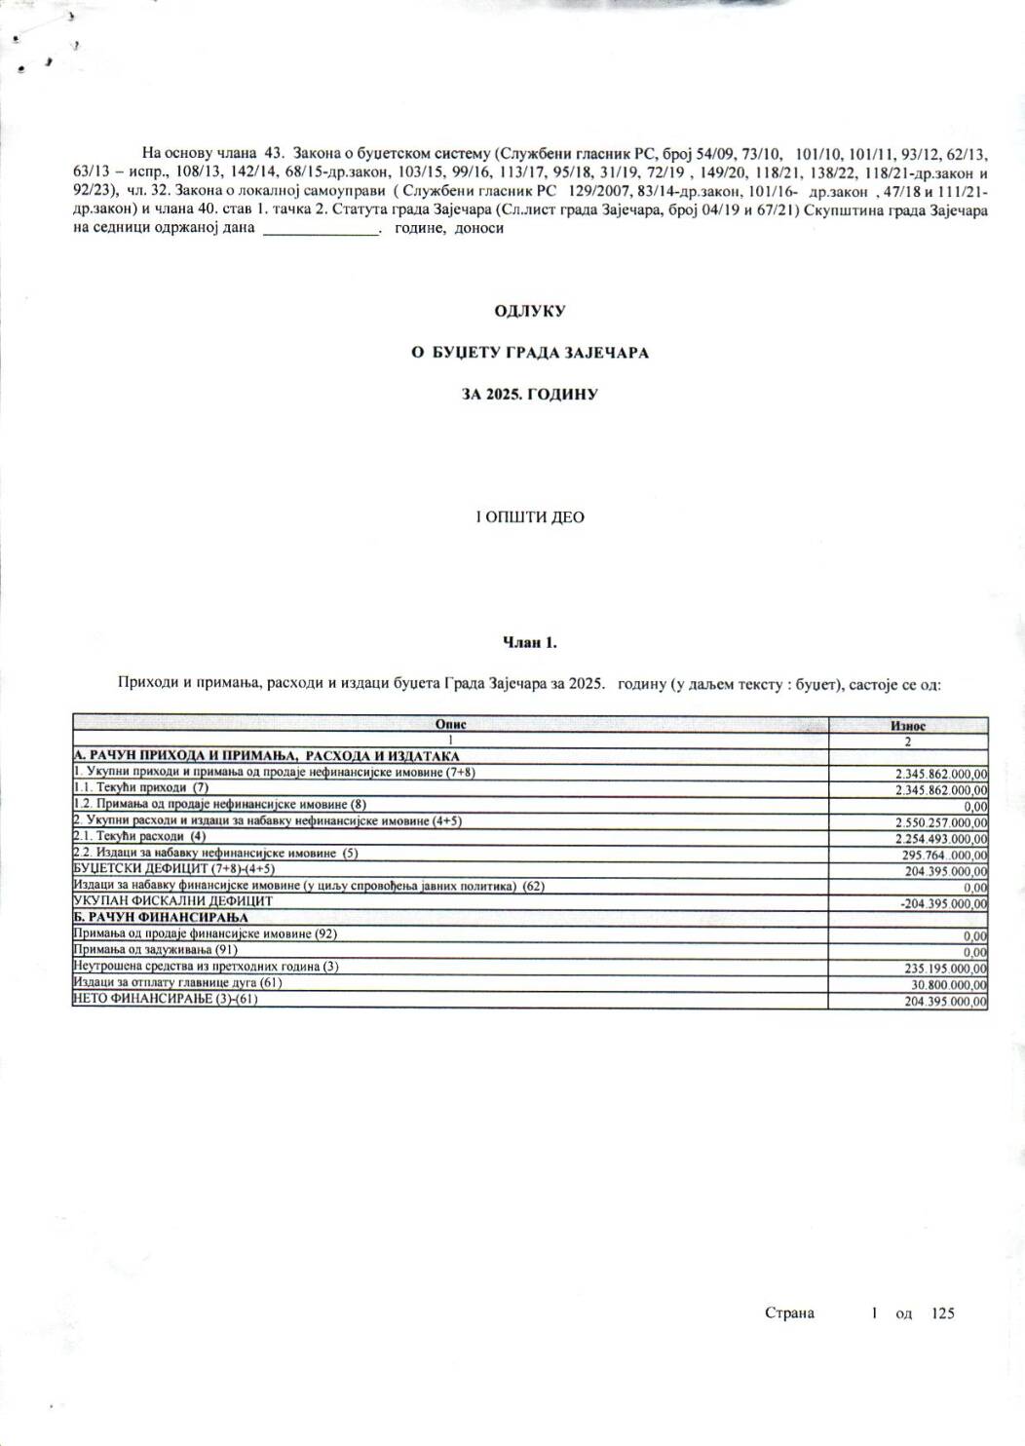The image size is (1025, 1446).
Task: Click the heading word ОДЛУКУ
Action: coord(529,311)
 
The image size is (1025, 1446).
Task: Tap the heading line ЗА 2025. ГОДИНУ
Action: coord(530,395)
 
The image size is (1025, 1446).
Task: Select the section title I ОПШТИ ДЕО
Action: coord(529,517)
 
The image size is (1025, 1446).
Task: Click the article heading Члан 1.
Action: coord(529,642)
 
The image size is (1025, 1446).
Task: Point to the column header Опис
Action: coord(450,725)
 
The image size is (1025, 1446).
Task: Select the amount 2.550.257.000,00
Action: coord(940,822)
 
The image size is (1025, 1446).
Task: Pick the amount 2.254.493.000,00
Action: coord(940,839)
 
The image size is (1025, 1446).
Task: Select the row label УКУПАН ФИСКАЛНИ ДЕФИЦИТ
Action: coord(172,901)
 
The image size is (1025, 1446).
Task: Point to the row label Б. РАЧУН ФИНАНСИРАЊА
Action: coord(161,917)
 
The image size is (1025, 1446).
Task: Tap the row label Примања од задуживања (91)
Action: coord(156,949)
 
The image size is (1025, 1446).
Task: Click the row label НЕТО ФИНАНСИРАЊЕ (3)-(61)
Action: coord(166,999)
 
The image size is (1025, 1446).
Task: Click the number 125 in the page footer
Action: coord(942,1313)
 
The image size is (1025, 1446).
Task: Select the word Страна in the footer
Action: coord(789,1313)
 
